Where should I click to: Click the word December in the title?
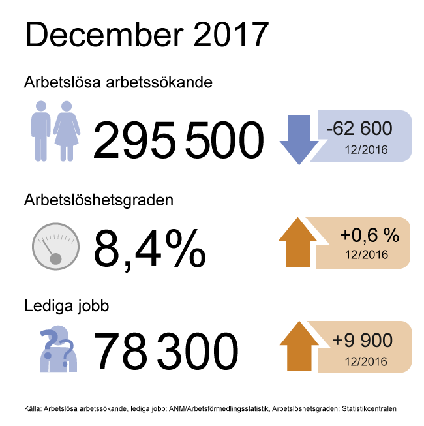click(x=104, y=34)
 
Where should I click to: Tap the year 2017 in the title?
click(x=231, y=34)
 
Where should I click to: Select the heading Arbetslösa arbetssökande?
click(x=118, y=82)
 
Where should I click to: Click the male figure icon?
click(x=40, y=131)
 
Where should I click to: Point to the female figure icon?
click(x=67, y=131)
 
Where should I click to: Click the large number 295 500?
click(x=178, y=140)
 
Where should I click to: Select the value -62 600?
click(x=359, y=129)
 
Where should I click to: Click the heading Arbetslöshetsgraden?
click(x=99, y=201)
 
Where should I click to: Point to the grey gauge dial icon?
click(x=55, y=247)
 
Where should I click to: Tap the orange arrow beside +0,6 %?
click(x=297, y=242)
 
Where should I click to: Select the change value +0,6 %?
click(x=370, y=235)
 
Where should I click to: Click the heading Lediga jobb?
click(x=67, y=306)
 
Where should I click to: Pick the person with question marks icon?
click(x=58, y=348)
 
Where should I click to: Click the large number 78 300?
click(x=166, y=351)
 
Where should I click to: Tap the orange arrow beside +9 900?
click(x=299, y=346)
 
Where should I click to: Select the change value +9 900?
click(x=362, y=340)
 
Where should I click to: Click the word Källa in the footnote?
click(x=33, y=408)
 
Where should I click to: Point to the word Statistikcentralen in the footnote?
click(x=369, y=408)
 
